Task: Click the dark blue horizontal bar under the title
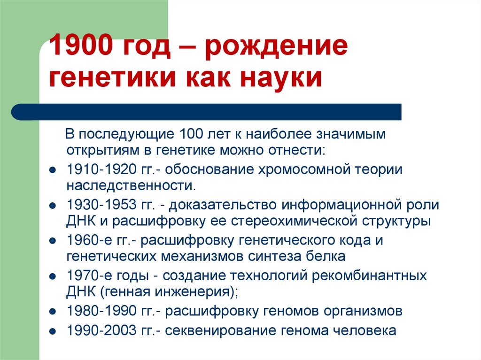click(x=207, y=112)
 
